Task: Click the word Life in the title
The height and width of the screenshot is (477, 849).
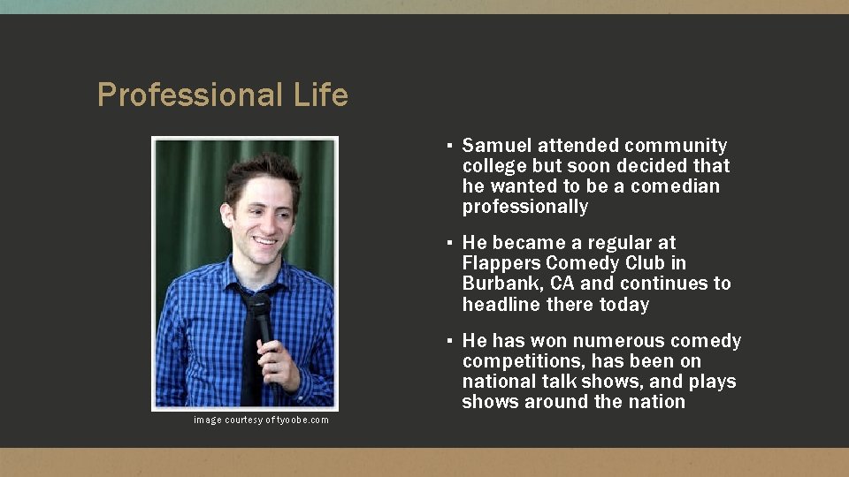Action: tap(321, 95)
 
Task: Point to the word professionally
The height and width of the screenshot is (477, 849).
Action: tap(524, 207)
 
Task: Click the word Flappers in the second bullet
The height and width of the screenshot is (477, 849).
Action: tap(501, 263)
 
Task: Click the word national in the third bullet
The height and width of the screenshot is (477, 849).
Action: tap(496, 382)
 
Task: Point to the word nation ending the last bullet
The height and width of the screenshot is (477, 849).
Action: tap(655, 402)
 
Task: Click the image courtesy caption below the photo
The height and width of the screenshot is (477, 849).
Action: tap(261, 420)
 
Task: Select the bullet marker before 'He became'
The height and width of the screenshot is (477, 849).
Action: tap(450, 243)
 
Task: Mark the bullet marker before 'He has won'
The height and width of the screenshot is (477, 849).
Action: tap(450, 341)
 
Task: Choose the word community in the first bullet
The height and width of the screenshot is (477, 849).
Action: tap(676, 146)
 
